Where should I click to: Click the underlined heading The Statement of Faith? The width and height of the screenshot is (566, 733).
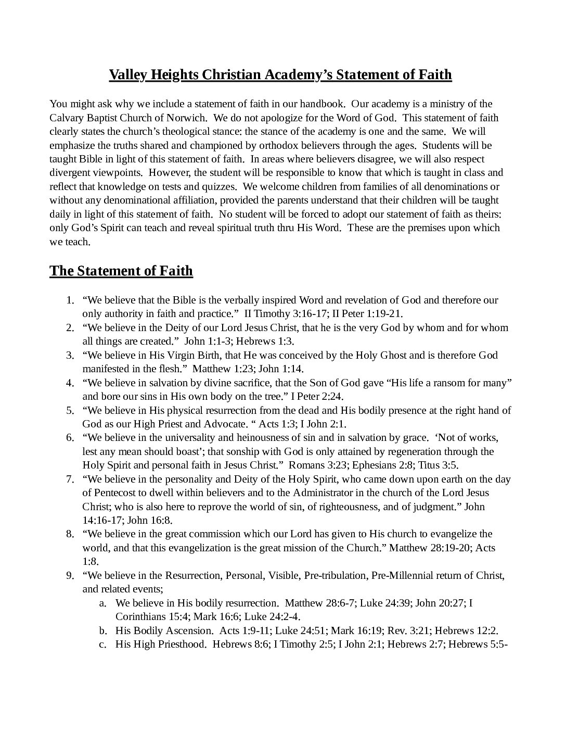[121, 271]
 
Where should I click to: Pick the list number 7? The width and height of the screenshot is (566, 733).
[70, 479]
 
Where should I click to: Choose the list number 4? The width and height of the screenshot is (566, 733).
[70, 383]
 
